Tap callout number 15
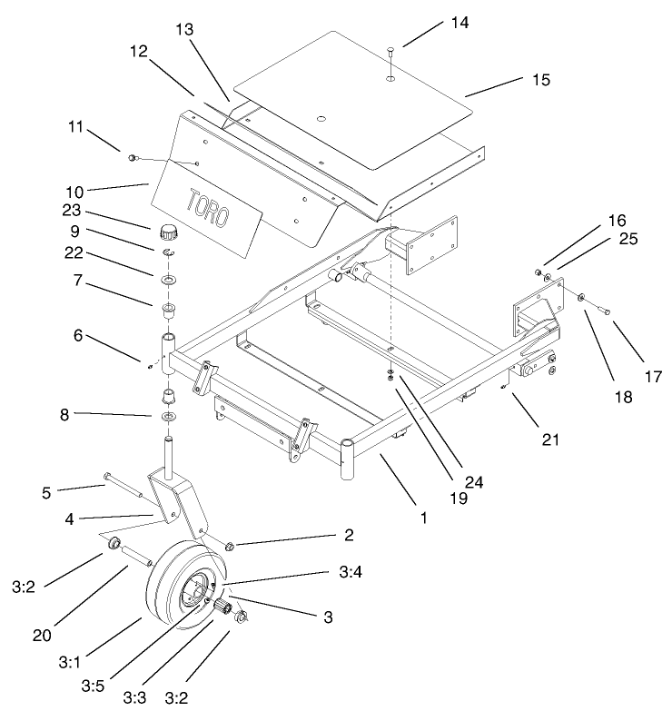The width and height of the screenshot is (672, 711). click(x=540, y=81)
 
